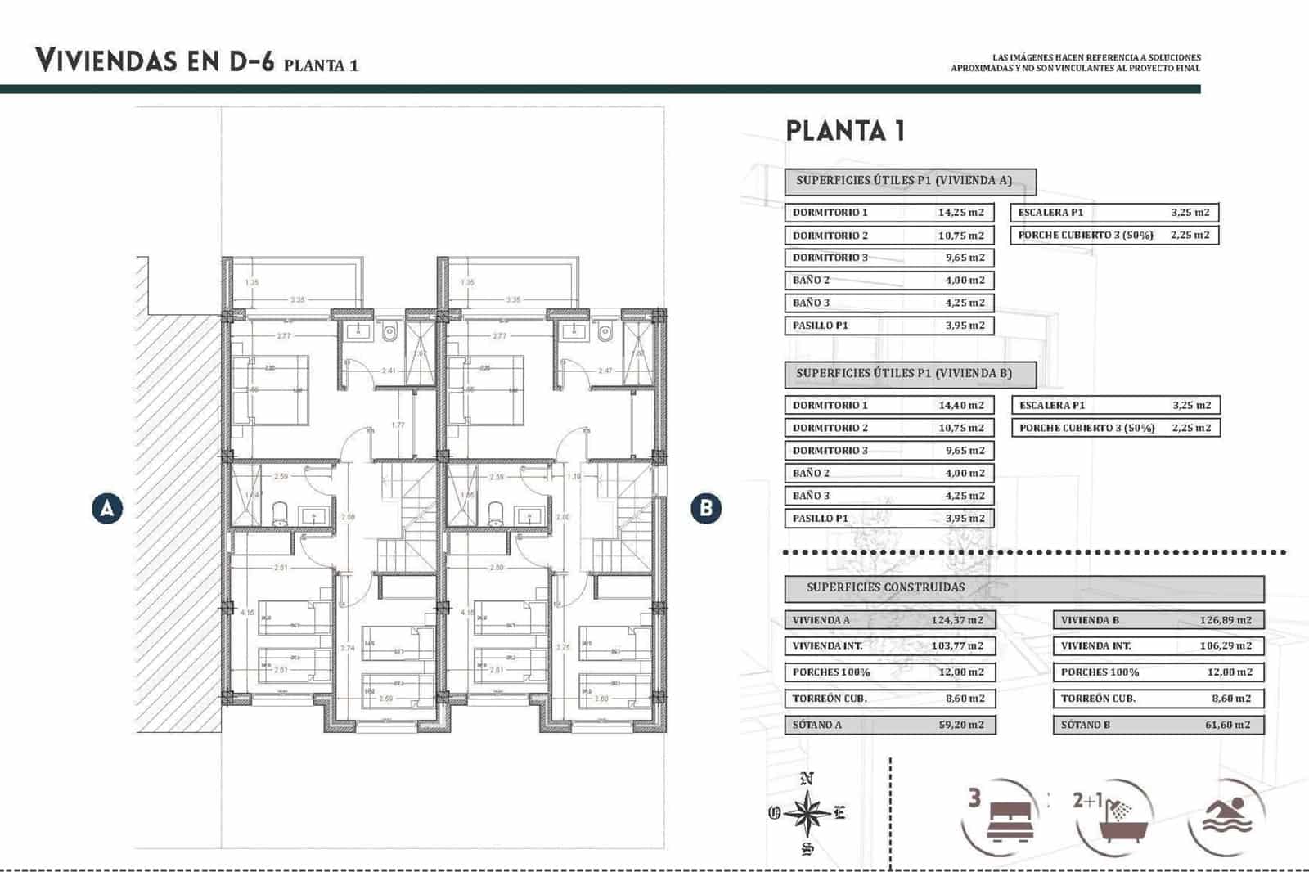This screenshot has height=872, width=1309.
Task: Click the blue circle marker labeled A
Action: [x=107, y=508]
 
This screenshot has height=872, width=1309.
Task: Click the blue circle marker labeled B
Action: [x=706, y=508]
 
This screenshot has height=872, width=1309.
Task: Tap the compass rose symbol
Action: [x=807, y=813]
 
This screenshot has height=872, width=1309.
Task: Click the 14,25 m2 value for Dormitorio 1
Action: [x=960, y=213]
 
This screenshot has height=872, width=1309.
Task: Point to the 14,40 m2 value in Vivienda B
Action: [x=960, y=406]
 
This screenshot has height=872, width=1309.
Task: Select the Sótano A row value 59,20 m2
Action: [x=960, y=725]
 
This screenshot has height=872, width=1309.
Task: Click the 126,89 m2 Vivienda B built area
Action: [x=1226, y=620]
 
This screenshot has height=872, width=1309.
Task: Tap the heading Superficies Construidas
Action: [x=885, y=587]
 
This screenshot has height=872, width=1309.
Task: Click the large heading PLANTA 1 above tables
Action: [x=845, y=131]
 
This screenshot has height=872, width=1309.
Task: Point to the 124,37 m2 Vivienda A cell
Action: [x=957, y=620]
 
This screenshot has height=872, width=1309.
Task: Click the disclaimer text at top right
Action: [x=1076, y=63]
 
